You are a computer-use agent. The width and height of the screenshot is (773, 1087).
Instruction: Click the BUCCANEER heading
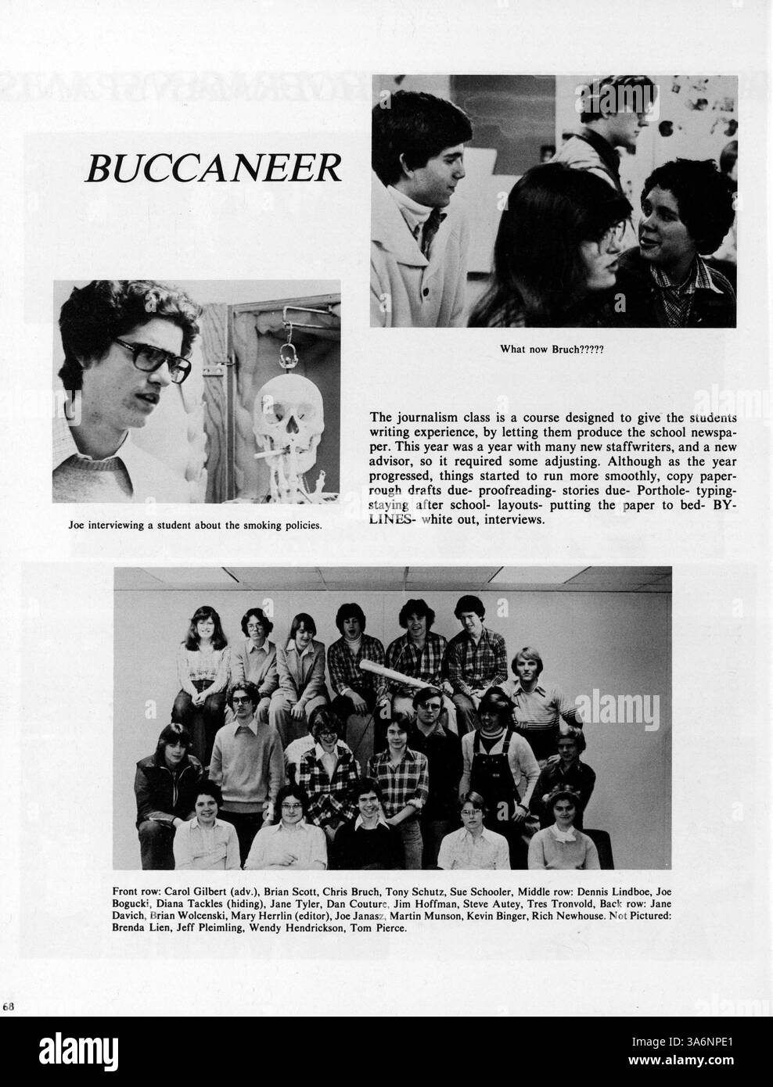pos(214,167)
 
